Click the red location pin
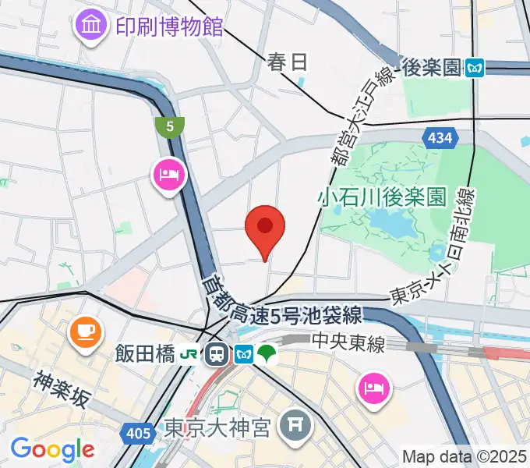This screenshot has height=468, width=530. (x=265, y=229)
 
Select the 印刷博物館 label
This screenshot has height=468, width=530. (x=169, y=28)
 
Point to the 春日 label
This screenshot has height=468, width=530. (x=288, y=62)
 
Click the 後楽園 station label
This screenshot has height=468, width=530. (x=433, y=68)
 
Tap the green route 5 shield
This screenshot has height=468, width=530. (x=169, y=126)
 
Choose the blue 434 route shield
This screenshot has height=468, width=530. (x=440, y=138)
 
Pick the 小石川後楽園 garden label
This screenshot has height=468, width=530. (x=383, y=196)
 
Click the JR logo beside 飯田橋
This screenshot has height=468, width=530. (x=189, y=355)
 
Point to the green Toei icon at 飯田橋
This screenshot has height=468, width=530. (x=267, y=355)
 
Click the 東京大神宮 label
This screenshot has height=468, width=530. (x=217, y=427)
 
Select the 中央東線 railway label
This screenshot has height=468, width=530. (x=348, y=342)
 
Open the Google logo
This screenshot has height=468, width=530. (x=52, y=448)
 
